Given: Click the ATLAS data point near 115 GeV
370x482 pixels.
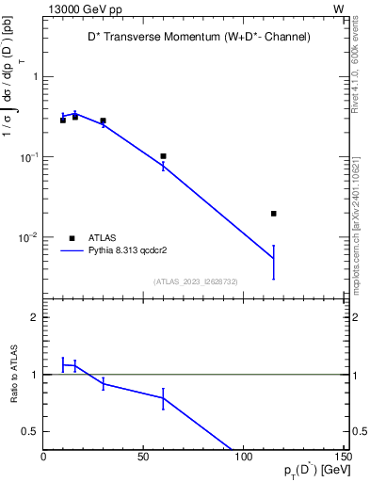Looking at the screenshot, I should click(274, 214).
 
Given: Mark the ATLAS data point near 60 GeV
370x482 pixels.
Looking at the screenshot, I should click(163, 156).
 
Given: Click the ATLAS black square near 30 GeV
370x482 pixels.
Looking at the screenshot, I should click(103, 120).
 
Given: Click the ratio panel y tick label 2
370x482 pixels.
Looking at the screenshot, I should click(34, 318).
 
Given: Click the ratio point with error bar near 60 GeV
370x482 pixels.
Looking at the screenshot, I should click(163, 398).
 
